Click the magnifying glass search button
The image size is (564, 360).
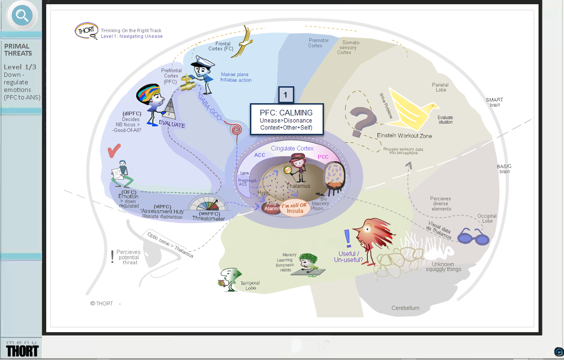[x=22, y=16]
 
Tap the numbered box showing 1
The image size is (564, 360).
[x=286, y=95]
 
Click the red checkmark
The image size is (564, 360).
[x=114, y=151]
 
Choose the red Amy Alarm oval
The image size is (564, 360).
[x=271, y=206]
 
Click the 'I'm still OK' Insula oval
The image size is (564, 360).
[x=295, y=208]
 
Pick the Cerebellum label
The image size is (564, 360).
[x=405, y=308]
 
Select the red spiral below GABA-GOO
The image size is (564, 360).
[x=235, y=130]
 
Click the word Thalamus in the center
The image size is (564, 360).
[x=299, y=186]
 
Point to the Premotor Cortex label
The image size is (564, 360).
[x=319, y=43]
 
